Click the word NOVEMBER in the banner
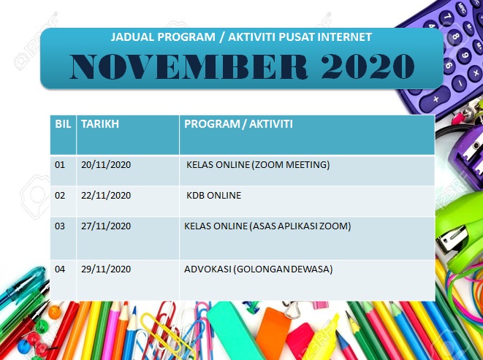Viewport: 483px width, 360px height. point(189,66)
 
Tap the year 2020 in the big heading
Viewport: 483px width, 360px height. point(368,66)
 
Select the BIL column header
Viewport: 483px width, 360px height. point(63,124)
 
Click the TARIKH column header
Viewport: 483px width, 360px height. point(100,124)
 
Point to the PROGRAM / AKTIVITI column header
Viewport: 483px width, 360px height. point(238,124)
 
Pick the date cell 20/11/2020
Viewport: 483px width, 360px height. point(106,165)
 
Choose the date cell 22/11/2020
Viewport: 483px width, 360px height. point(106,196)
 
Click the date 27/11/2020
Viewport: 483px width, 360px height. point(106,226)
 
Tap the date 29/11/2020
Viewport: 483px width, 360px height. point(106,269)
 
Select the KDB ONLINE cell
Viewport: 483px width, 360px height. point(214,196)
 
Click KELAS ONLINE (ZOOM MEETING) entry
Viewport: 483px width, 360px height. point(258,165)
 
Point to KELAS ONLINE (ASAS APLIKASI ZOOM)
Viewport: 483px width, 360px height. point(267,226)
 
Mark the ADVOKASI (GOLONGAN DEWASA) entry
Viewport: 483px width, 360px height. point(259,269)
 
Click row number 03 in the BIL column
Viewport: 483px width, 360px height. point(60,226)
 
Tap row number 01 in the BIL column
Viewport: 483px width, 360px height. point(60,165)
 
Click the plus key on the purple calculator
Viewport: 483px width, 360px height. point(436,99)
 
